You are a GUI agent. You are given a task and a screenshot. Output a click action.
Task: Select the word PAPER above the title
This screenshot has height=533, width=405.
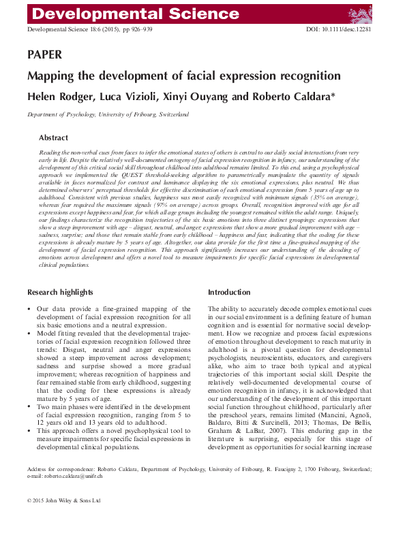pos(44,54)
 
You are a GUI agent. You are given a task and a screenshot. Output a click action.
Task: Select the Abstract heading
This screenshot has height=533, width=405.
pos(53,137)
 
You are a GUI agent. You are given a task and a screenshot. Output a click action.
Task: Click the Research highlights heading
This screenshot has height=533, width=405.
pos(60,292)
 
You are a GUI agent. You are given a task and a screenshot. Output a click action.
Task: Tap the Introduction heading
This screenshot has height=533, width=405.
pos(229,292)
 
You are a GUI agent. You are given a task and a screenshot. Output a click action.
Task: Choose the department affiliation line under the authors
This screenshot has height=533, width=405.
pos(108,114)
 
